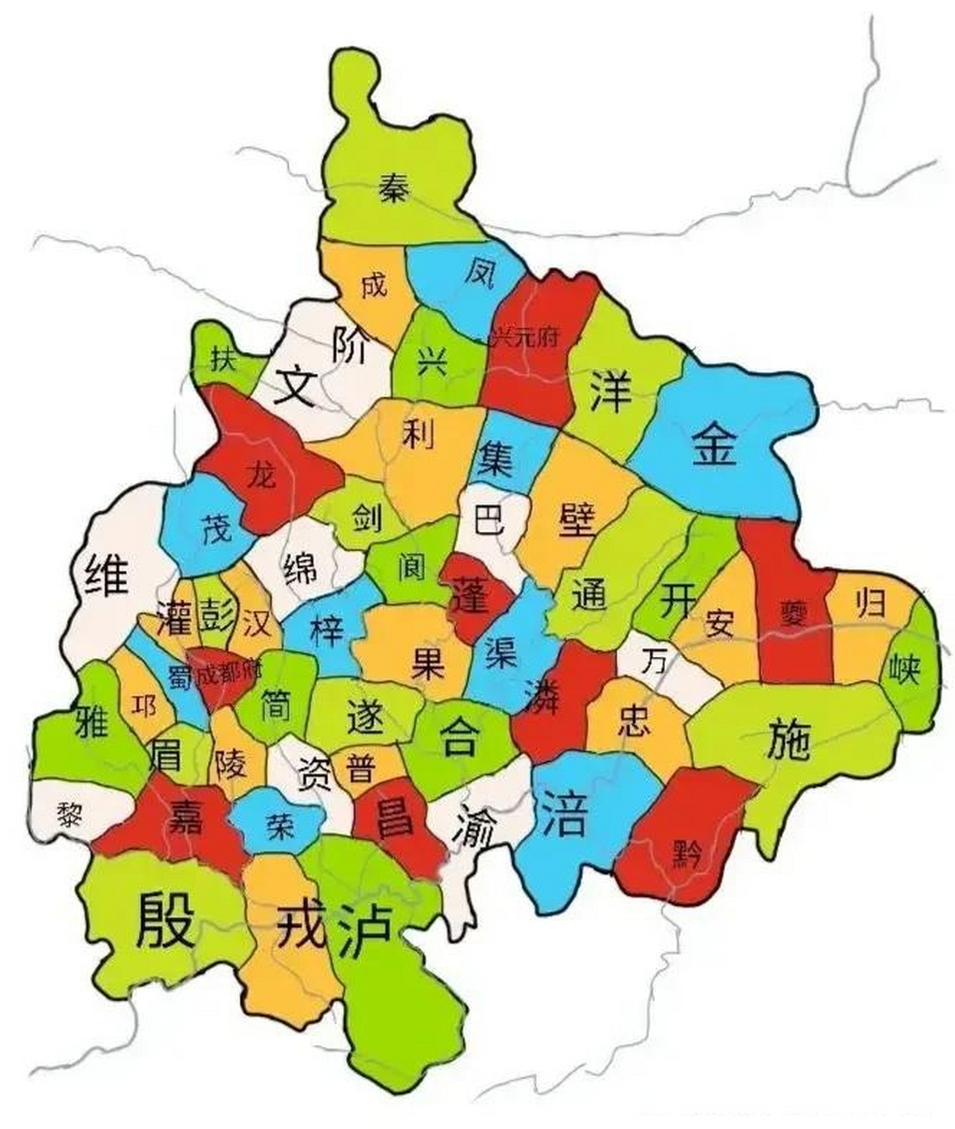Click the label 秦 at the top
point(393,188)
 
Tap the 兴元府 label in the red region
point(526,338)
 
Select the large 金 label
point(713,444)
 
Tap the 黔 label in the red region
point(685,854)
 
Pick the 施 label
point(788,739)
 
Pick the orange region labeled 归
point(869,604)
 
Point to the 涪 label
point(563,813)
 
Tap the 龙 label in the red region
point(262,475)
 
